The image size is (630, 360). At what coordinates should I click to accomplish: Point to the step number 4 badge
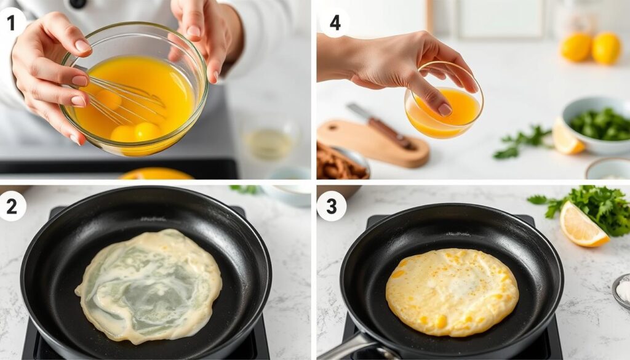click(335, 23)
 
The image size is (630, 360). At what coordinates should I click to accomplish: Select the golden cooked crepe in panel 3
click(452, 292)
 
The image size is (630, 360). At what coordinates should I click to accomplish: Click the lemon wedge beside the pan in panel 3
click(582, 226)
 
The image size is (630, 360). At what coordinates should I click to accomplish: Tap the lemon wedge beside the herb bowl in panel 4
click(566, 138)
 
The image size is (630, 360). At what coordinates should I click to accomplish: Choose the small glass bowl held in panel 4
click(444, 108)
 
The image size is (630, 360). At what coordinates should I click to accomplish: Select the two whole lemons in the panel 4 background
click(590, 47)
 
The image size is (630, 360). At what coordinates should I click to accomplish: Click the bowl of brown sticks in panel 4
click(342, 163)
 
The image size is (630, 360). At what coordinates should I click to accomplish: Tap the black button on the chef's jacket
click(78, 4)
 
